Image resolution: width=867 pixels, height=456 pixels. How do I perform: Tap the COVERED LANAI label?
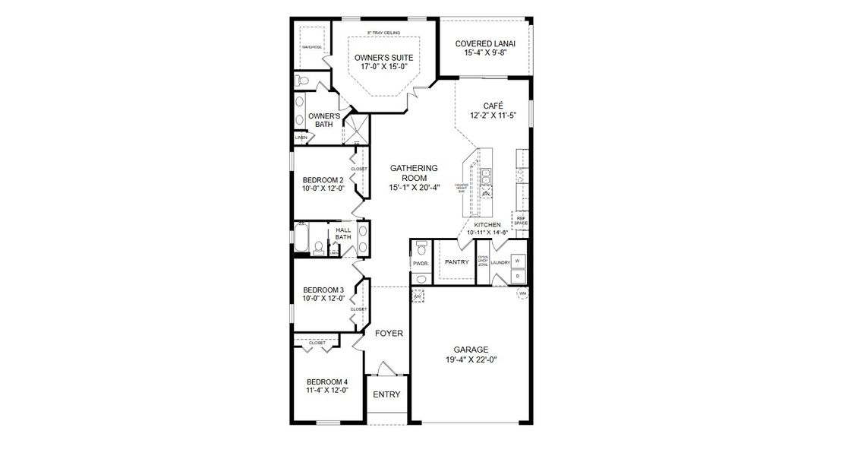(x=486, y=43)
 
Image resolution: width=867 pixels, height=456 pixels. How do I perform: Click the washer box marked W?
(x=518, y=261)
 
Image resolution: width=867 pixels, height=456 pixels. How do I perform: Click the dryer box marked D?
(x=518, y=276)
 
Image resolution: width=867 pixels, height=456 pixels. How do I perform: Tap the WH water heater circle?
(x=522, y=293)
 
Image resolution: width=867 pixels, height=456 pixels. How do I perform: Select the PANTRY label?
(x=456, y=262)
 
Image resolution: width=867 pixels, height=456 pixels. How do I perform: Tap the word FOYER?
(x=389, y=333)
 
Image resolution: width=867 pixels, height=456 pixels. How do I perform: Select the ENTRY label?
(x=386, y=394)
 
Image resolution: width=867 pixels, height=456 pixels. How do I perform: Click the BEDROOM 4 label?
(x=326, y=382)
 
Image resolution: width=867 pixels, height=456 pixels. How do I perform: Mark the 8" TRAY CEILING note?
(x=383, y=33)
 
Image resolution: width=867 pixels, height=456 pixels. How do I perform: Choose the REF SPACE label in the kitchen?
(x=521, y=220)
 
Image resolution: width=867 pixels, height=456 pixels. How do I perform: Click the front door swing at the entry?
(x=386, y=369)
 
